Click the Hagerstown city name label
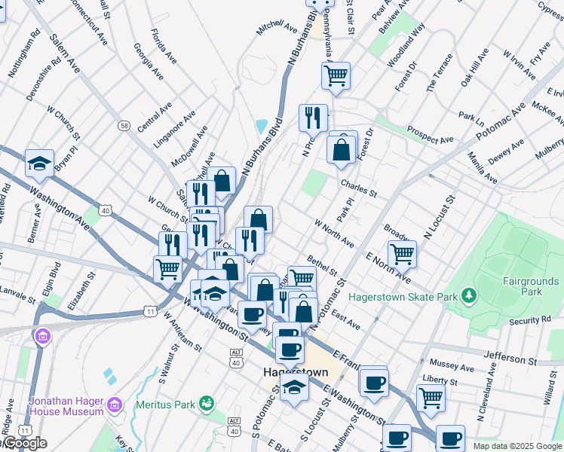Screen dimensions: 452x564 point(296,372)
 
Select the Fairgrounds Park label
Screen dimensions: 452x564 point(532,286)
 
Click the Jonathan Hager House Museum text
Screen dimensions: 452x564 point(66,407)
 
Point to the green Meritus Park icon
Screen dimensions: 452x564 point(205,405)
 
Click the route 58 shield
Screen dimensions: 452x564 point(124,125)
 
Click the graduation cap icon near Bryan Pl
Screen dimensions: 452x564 point(38,162)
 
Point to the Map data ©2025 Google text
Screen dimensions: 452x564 point(517,446)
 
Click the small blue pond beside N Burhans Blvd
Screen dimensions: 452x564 point(262,126)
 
